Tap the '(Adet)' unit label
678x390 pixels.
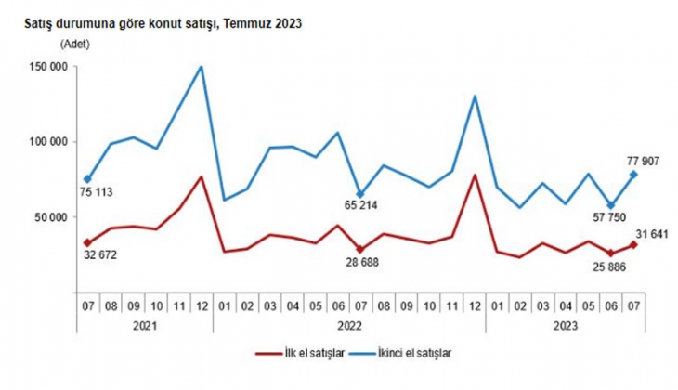(74, 45)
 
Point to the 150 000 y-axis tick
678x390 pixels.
(46, 67)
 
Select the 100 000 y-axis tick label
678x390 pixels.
(46, 142)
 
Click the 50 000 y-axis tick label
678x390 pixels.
(49, 217)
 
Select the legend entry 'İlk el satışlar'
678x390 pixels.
(312, 353)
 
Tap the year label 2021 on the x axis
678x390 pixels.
(145, 325)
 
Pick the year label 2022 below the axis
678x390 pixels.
(348, 325)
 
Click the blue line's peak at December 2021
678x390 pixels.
(202, 67)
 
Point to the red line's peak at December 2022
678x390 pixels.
(475, 175)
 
